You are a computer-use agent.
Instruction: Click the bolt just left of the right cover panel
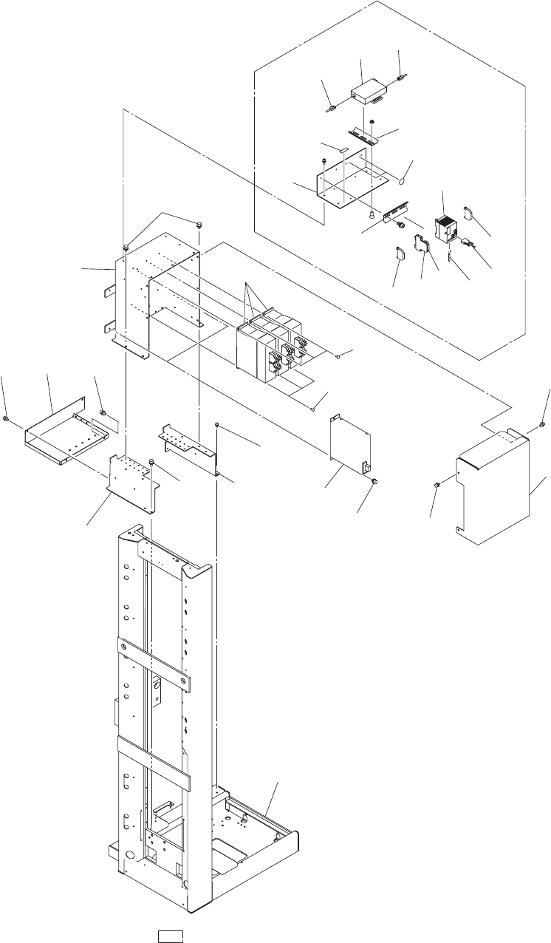[x=437, y=484]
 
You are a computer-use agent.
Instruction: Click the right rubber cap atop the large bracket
[x=200, y=222]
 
